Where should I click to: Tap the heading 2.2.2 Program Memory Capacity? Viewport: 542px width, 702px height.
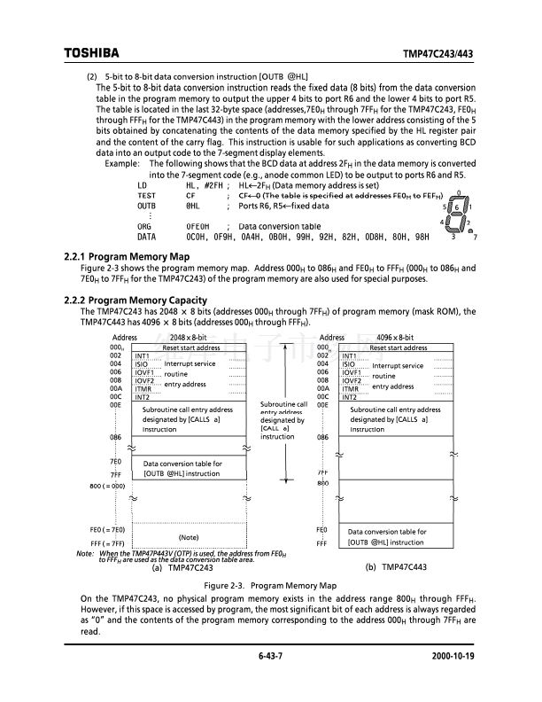pyautogui.click(x=136, y=300)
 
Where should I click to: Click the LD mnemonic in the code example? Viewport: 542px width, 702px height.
pyautogui.click(x=143, y=185)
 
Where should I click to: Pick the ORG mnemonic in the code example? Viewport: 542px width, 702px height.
pyautogui.click(x=145, y=226)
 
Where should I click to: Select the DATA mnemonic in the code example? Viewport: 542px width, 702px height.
pyautogui.click(x=147, y=237)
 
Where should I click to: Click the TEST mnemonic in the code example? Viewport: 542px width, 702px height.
pyautogui.click(x=147, y=195)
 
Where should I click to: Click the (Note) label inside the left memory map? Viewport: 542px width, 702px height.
pyautogui.click(x=189, y=537)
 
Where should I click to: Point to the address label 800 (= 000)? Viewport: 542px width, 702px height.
pyautogui.click(x=106, y=487)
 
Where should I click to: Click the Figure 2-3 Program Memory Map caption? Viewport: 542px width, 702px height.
pyautogui.click(x=270, y=587)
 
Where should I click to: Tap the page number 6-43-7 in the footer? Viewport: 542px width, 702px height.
pyautogui.click(x=270, y=656)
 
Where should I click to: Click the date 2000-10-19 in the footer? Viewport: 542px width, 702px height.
pyautogui.click(x=453, y=656)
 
